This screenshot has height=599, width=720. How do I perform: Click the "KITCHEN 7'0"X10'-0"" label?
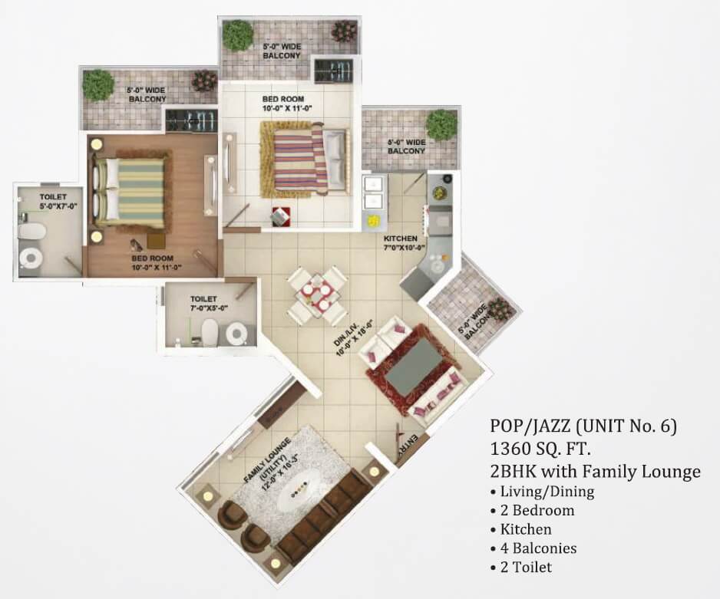click(400, 243)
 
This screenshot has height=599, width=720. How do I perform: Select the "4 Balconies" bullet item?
click(537, 548)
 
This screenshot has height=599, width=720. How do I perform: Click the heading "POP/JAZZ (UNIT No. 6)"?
click(583, 425)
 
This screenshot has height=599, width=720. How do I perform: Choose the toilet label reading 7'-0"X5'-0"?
click(203, 303)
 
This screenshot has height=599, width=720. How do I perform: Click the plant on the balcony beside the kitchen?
click(441, 124)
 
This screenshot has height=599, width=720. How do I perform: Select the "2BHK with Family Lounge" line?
click(595, 471)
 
